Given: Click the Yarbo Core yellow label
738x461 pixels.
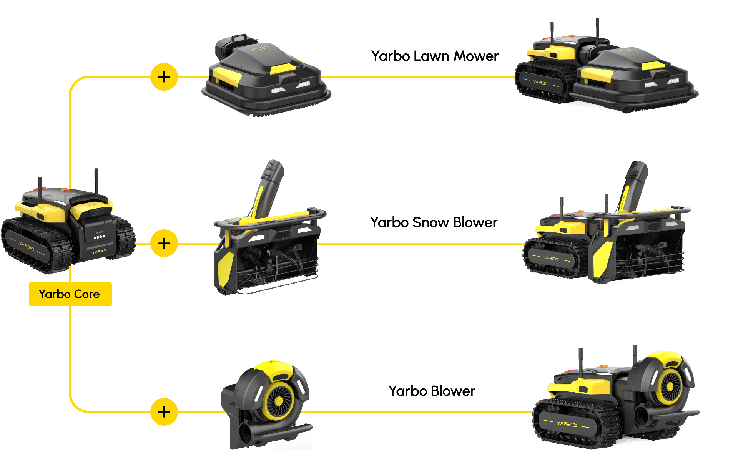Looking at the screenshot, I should pos(70,294).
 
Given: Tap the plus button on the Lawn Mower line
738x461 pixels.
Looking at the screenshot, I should pos(164,77).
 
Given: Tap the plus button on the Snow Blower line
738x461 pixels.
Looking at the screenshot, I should pos(164,243).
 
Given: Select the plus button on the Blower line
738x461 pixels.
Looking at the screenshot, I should pos(164,412).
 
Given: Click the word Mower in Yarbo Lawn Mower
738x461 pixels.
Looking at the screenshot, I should pos(476,56).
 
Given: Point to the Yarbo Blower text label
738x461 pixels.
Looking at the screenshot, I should pos(432,391).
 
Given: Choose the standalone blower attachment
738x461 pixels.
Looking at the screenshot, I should pos(267,403).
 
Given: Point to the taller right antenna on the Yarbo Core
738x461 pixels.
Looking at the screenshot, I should pos(96,181).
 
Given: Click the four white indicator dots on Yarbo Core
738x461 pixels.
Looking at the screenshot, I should pos(99,237).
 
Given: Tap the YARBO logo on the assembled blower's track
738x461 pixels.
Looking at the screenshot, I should pos(567,423).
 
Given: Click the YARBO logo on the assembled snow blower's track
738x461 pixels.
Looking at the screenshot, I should pos(550,258).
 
